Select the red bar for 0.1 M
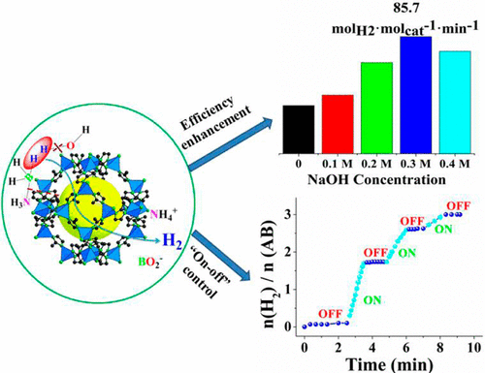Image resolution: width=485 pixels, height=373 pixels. pos(337,124)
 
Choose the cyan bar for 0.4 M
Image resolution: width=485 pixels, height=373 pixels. pos(443,103)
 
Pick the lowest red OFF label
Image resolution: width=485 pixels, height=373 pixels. pos(330,312)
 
